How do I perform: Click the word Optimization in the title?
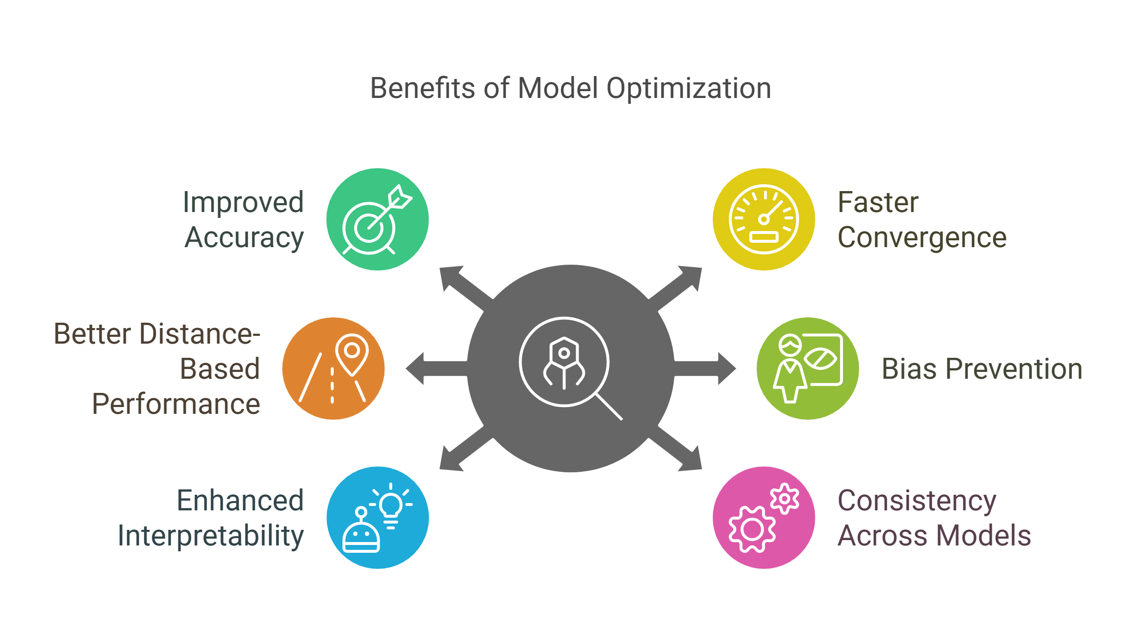[x=688, y=89]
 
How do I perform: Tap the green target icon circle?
[x=377, y=219]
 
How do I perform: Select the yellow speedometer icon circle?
[x=763, y=219]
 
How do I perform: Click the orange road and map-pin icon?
[x=334, y=369]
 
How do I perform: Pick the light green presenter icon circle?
[x=808, y=369]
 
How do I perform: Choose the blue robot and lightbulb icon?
[x=377, y=518]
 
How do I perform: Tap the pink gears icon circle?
[x=763, y=518]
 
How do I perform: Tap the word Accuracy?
[x=244, y=238]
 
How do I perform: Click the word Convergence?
[x=922, y=238]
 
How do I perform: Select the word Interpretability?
[x=211, y=536]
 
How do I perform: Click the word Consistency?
[x=917, y=501]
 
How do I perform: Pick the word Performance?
[x=176, y=404]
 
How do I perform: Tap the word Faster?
[x=878, y=203]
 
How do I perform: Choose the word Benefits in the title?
[x=422, y=89]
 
